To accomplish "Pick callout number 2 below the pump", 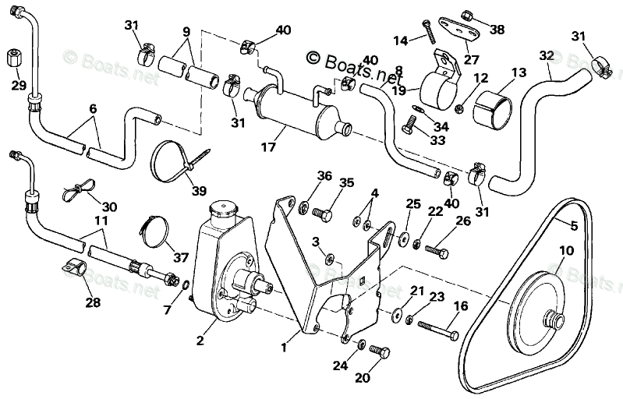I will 201,340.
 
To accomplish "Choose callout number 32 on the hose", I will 545,56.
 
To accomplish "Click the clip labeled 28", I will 76,268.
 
